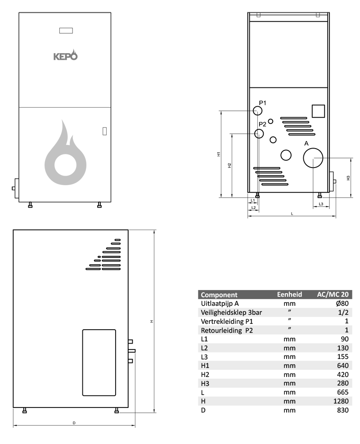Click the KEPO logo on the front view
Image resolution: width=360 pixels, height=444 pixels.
coord(66,56)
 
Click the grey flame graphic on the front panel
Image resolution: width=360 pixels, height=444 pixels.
coord(66,153)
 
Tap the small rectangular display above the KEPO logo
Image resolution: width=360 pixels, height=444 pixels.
coord(66,31)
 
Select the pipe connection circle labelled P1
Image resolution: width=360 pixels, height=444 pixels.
coord(258,110)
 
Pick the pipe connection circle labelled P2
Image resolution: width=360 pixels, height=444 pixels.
coord(259,133)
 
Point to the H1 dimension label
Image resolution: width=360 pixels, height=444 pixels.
coord(218,154)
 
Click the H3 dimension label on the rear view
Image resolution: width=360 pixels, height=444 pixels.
coord(348,178)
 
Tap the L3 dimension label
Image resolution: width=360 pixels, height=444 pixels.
coord(321,204)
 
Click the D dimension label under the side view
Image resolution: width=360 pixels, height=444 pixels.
coord(74,423)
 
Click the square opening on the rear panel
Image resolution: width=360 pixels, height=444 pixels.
coord(318,111)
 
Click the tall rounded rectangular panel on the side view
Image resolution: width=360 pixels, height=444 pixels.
coord(99,362)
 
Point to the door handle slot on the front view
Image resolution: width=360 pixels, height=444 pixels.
coord(104,131)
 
